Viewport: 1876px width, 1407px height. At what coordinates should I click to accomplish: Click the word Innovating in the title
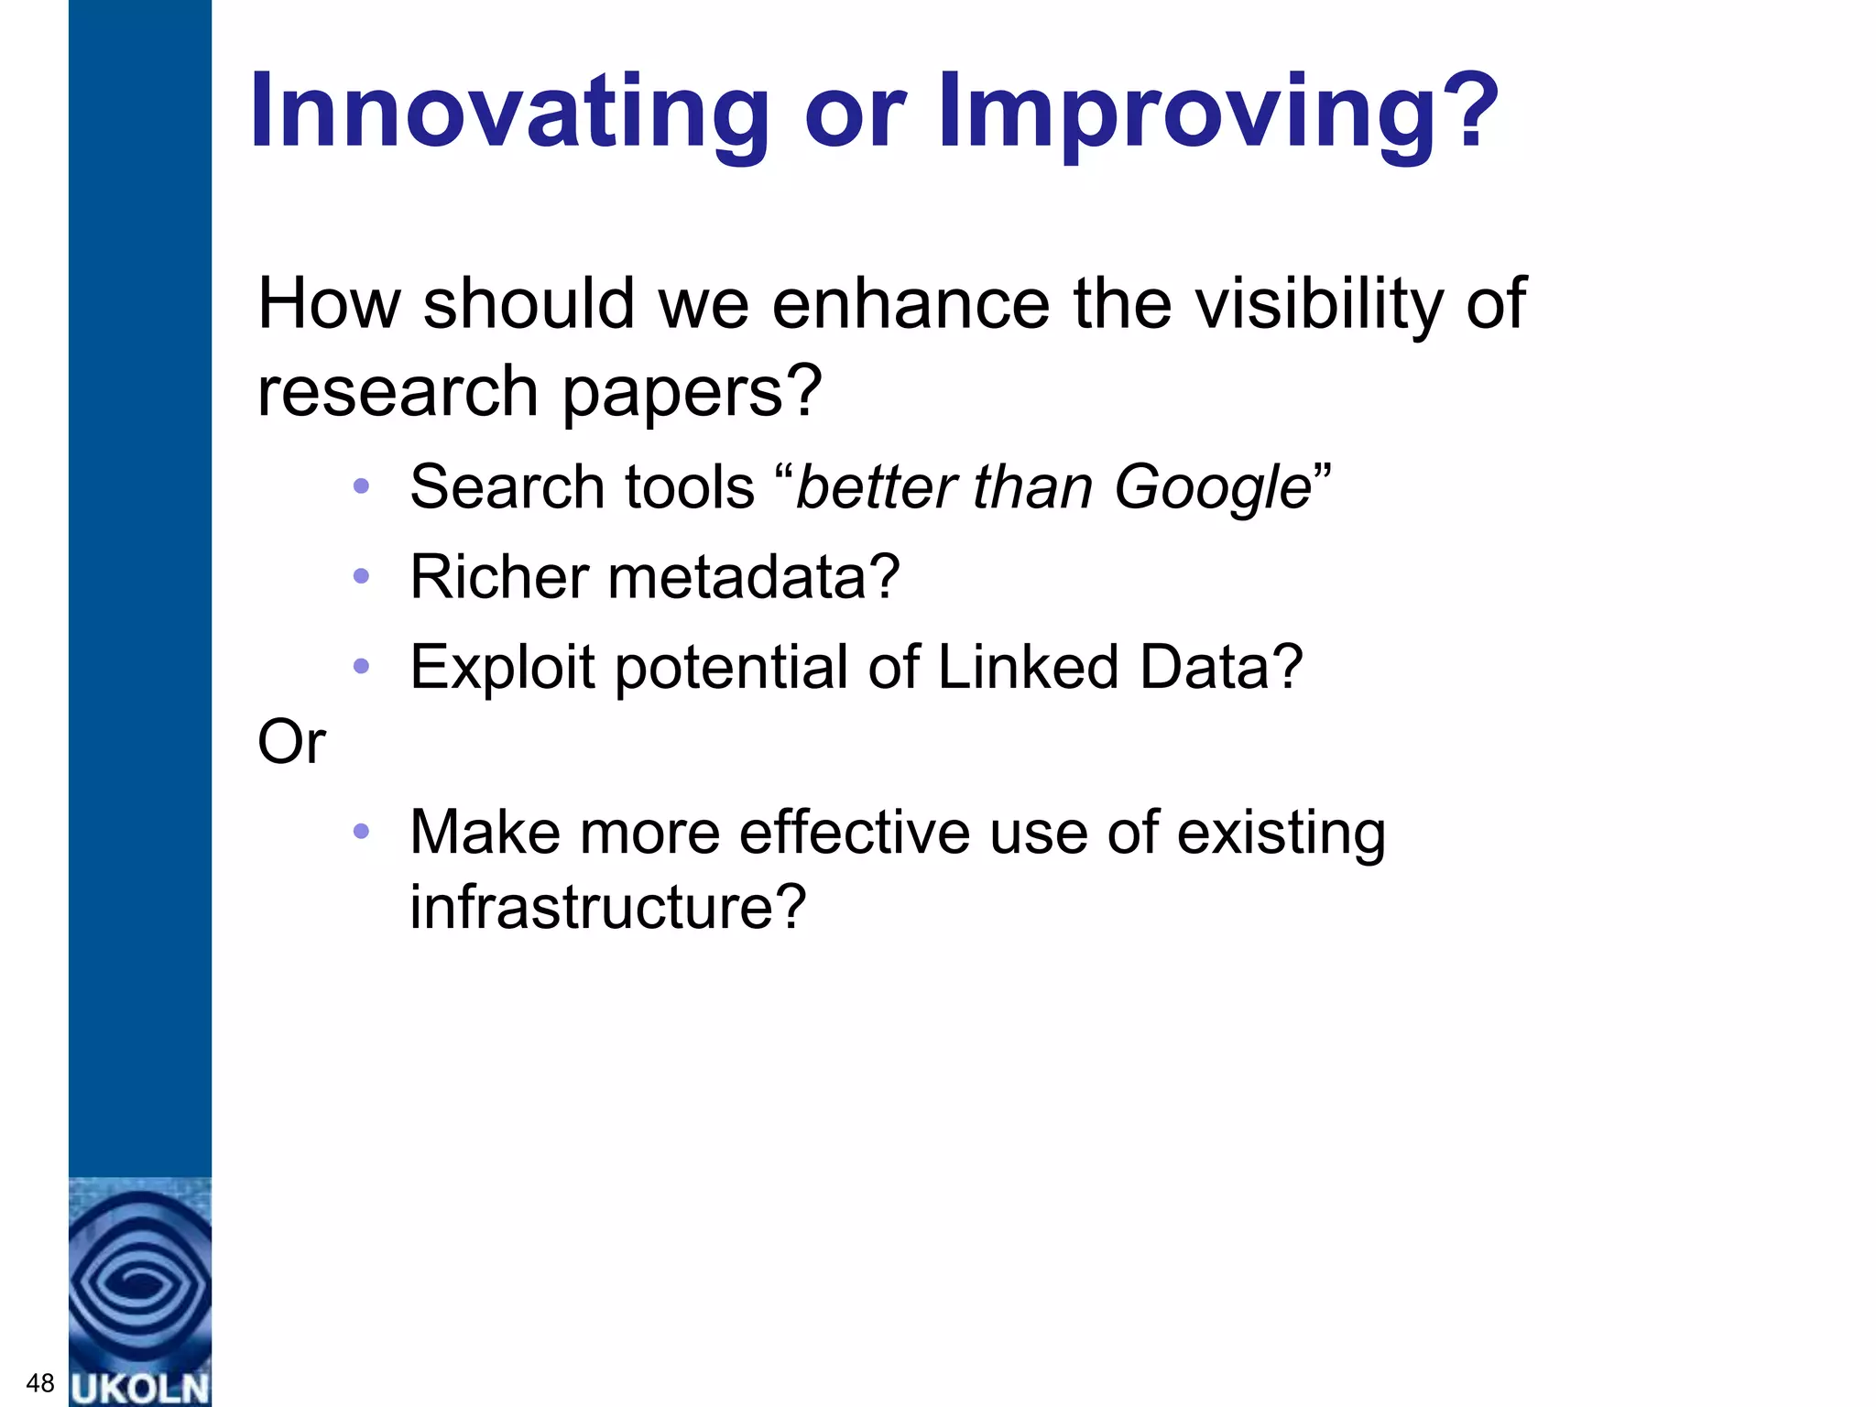coord(509,112)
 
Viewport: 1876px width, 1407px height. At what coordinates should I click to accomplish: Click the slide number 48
coord(40,1383)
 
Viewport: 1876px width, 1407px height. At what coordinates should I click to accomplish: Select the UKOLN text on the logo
coord(140,1388)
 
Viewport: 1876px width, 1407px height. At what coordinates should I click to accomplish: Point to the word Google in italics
coord(1213,487)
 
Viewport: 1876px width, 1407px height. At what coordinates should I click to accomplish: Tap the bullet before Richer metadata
coord(361,577)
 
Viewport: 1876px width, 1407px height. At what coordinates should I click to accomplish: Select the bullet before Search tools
coord(361,487)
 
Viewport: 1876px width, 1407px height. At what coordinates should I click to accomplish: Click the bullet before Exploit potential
coord(361,667)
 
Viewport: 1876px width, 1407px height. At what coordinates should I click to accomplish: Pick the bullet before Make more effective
coord(361,832)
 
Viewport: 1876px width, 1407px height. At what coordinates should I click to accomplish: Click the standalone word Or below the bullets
coord(291,742)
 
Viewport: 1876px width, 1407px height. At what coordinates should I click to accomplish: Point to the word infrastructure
coord(607,907)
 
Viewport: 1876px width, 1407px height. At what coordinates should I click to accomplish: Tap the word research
coord(398,392)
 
